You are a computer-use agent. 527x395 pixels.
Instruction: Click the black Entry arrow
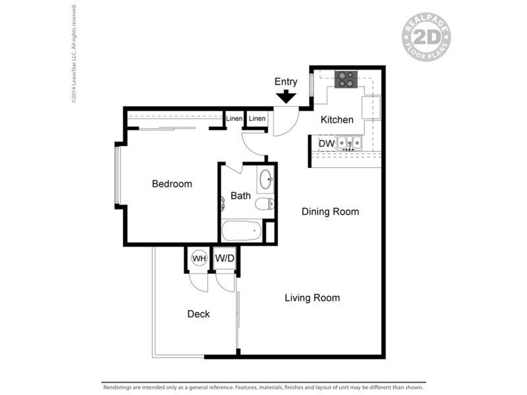[286, 96]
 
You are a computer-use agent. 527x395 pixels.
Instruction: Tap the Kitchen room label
[337, 120]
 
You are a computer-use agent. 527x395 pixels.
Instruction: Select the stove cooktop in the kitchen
[346, 80]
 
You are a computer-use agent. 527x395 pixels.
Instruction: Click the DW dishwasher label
[326, 144]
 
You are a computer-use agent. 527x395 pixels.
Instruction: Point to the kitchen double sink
[349, 143]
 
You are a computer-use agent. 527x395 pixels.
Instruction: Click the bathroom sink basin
[266, 180]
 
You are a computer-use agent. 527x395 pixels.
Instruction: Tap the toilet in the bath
[265, 204]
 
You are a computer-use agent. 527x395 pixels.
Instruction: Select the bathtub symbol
[241, 230]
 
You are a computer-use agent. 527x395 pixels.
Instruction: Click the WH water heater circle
[199, 259]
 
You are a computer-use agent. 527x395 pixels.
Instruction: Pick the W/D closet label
[225, 258]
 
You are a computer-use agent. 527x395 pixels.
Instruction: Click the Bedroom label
[172, 184]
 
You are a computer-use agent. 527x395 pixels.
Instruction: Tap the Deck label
[198, 314]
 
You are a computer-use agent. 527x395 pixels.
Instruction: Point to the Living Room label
[312, 298]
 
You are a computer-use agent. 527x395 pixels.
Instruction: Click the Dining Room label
[330, 211]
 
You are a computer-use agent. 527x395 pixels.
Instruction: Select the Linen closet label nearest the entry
[257, 118]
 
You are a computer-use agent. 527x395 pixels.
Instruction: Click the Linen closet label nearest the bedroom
[235, 118]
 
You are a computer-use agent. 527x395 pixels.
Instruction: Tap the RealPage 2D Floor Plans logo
[426, 37]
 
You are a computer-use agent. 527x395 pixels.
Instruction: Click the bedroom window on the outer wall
[117, 175]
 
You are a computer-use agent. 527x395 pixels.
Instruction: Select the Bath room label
[240, 196]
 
